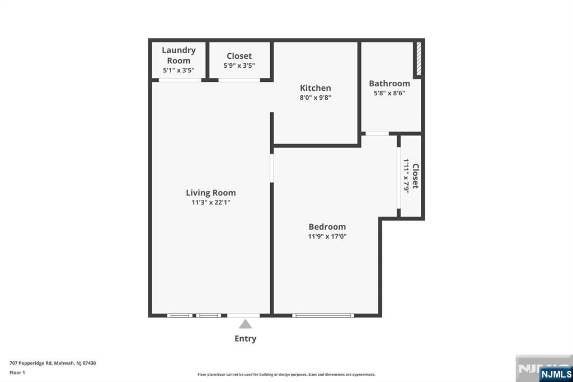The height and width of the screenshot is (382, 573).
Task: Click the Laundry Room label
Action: tap(179, 55)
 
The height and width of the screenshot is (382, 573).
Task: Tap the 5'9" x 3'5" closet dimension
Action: tap(239, 66)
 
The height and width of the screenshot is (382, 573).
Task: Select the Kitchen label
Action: tap(315, 88)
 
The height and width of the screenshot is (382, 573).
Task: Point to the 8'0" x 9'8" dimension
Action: tap(315, 97)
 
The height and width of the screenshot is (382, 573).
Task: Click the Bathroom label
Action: tap(389, 83)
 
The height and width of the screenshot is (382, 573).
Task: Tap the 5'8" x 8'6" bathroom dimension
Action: tap(389, 93)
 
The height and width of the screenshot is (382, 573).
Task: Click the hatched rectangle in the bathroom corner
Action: tap(418, 59)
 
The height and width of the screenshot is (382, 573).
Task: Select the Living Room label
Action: tap(210, 193)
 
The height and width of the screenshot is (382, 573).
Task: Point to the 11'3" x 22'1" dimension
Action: tap(210, 203)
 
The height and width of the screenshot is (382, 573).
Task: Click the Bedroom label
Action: tap(327, 227)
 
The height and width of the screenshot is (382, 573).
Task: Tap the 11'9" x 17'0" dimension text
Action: tap(327, 236)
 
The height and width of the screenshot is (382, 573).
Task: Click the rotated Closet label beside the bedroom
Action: tap(415, 176)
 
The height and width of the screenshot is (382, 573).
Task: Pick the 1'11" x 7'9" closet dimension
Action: tap(407, 176)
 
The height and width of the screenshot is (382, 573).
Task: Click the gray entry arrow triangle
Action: tap(245, 324)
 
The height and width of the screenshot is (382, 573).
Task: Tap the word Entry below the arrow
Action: tap(245, 338)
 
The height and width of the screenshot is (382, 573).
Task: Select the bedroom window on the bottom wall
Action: tap(323, 315)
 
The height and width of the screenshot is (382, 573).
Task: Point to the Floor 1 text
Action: tap(17, 372)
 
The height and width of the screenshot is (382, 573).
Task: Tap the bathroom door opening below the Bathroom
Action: tap(377, 133)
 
